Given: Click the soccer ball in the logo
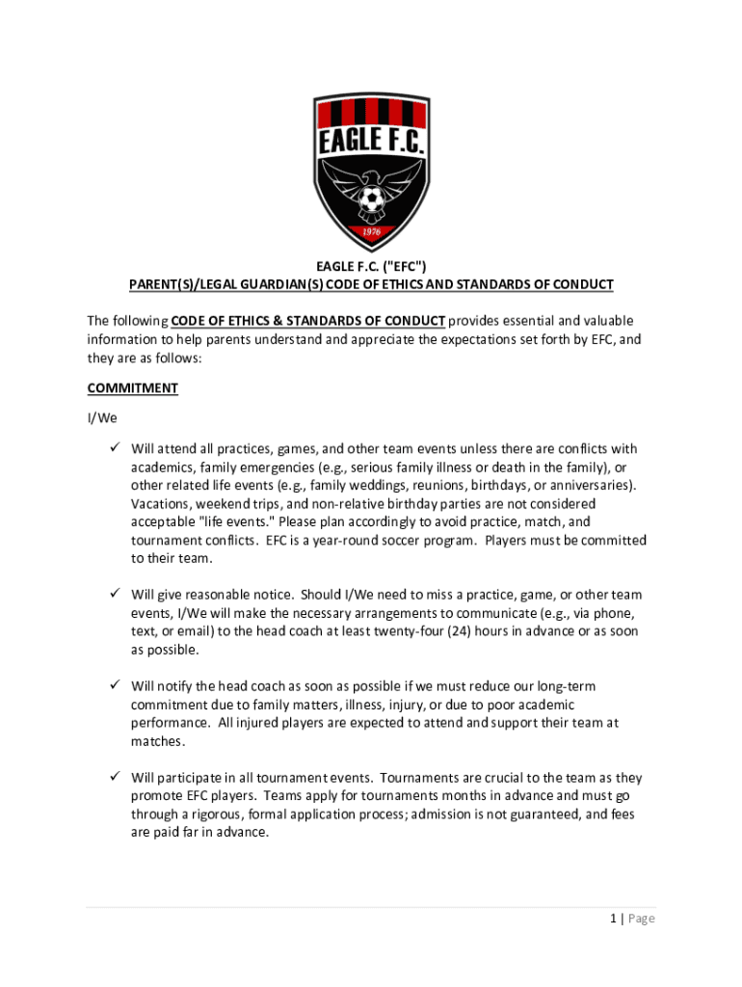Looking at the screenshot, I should [x=371, y=200].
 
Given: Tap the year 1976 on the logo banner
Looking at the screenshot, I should [x=371, y=232].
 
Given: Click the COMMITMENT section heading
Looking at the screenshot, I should [x=133, y=388].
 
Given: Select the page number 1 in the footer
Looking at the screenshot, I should [x=612, y=919].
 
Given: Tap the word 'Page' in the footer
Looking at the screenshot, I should [x=641, y=919].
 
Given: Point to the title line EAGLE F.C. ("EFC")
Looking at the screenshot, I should [x=371, y=267].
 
